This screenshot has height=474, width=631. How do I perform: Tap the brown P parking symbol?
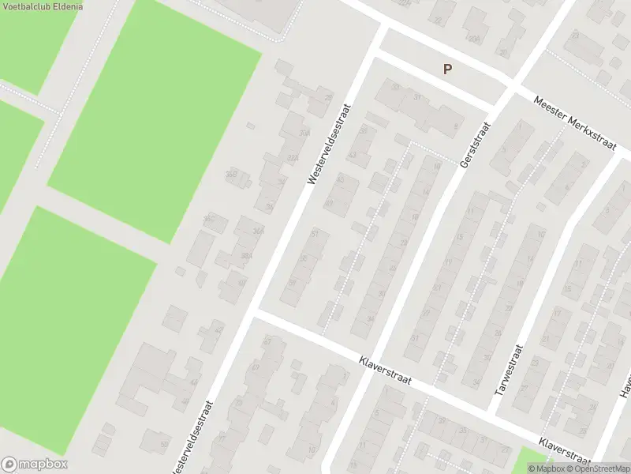[447, 70]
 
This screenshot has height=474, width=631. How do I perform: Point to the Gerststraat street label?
[476, 144]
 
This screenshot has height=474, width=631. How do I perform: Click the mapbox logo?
[35, 465]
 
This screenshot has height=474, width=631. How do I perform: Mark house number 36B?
[231, 175]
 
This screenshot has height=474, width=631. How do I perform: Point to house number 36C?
[210, 219]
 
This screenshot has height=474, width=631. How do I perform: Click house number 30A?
[304, 133]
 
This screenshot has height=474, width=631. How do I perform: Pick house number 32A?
[293, 158]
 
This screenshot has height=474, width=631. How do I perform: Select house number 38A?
[246, 256]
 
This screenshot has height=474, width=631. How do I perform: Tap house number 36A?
[258, 231]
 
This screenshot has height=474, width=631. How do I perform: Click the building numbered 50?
[163, 445]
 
